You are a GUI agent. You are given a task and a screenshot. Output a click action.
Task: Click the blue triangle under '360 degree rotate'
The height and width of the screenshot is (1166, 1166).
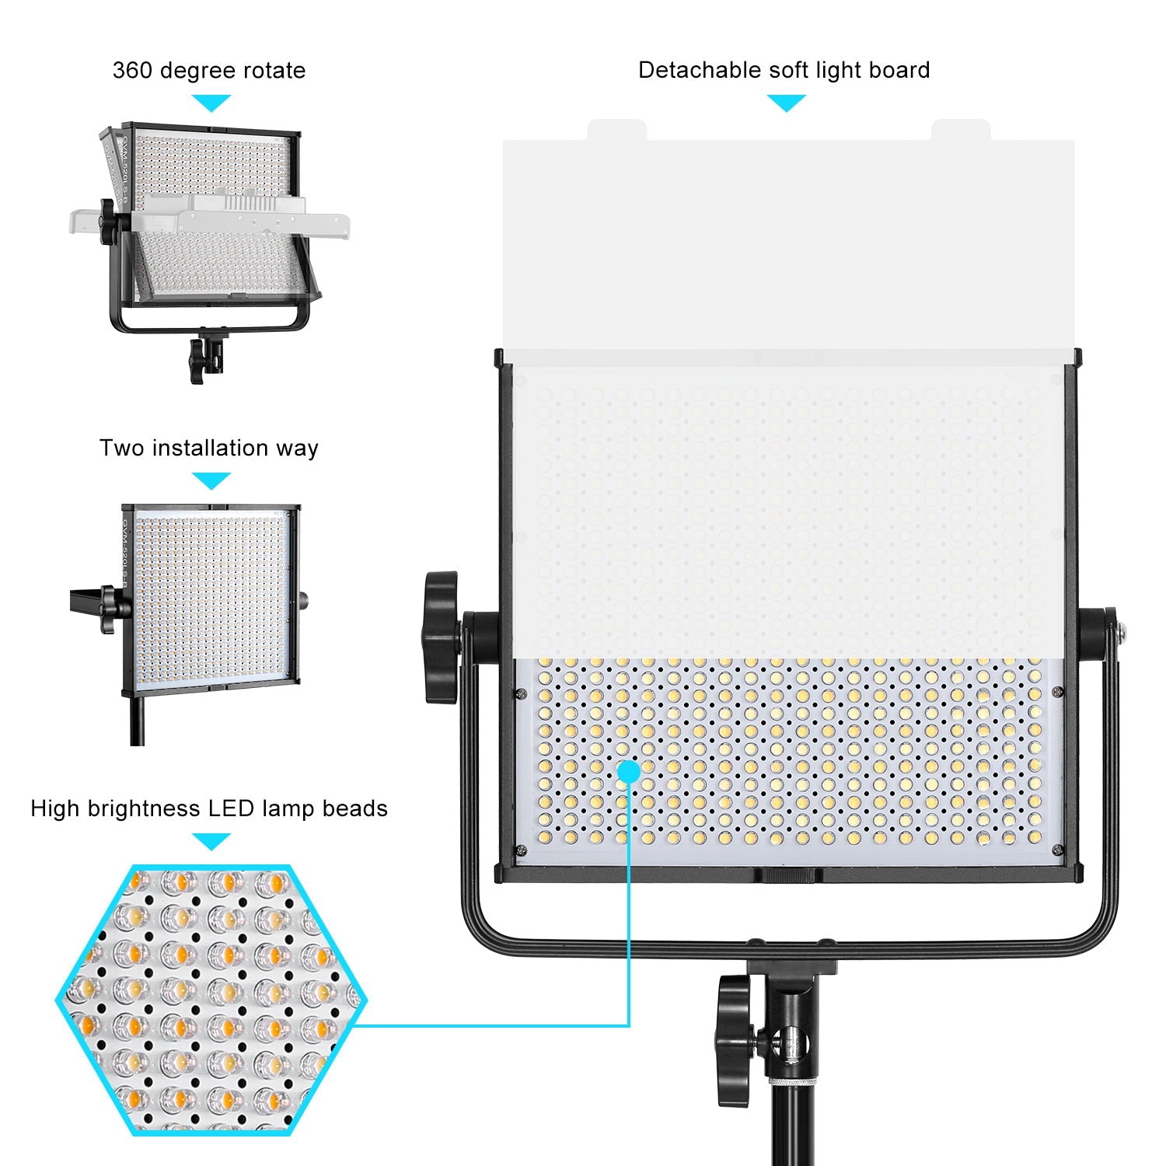coord(211,103)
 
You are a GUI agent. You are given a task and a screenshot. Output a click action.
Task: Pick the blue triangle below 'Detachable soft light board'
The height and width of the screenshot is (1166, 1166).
coord(786,103)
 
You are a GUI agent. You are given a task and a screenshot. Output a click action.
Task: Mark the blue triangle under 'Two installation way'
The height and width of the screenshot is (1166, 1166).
coord(211,481)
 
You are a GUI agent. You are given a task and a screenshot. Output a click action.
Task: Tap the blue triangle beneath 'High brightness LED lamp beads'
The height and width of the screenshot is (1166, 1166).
coord(211,841)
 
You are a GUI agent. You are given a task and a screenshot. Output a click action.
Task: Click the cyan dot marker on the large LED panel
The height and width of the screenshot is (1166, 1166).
coord(629,771)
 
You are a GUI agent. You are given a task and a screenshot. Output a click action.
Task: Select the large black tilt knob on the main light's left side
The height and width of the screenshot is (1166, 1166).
coord(441,637)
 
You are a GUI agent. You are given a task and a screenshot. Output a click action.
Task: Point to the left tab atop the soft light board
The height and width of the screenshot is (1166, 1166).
coord(616,130)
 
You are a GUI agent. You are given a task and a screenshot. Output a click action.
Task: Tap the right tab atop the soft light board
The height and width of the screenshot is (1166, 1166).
coord(961,130)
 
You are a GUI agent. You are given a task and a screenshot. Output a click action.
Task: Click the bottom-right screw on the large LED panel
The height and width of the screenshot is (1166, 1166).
coord(1056,850)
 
